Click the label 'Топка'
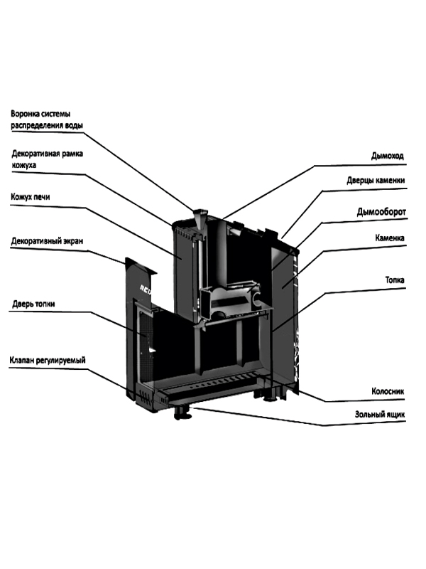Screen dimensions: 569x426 click(x=394, y=281)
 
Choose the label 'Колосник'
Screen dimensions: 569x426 click(x=388, y=390)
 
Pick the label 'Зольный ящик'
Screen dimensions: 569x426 click(x=380, y=413)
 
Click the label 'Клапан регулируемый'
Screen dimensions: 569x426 click(x=48, y=361)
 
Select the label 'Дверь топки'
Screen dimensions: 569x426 click(x=33, y=304)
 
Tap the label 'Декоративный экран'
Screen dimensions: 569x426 click(x=47, y=241)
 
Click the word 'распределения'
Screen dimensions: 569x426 click(x=40, y=125)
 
